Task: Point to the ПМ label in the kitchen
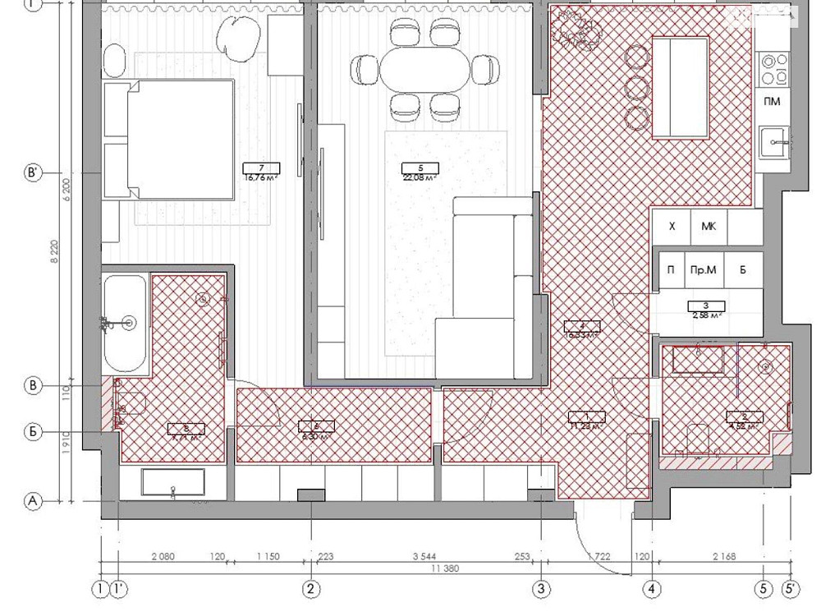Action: pyautogui.click(x=772, y=102)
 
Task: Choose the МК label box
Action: pyautogui.click(x=708, y=226)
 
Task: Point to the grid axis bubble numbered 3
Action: pyautogui.click(x=541, y=588)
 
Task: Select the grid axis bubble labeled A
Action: pyautogui.click(x=34, y=500)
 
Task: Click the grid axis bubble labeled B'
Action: pyautogui.click(x=34, y=173)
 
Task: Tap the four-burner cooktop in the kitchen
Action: pyautogui.click(x=771, y=70)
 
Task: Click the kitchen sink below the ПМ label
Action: pyautogui.click(x=773, y=141)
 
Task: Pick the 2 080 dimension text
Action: pyautogui.click(x=163, y=557)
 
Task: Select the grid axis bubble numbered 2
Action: pyautogui.click(x=310, y=588)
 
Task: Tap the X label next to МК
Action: pyautogui.click(x=672, y=226)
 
